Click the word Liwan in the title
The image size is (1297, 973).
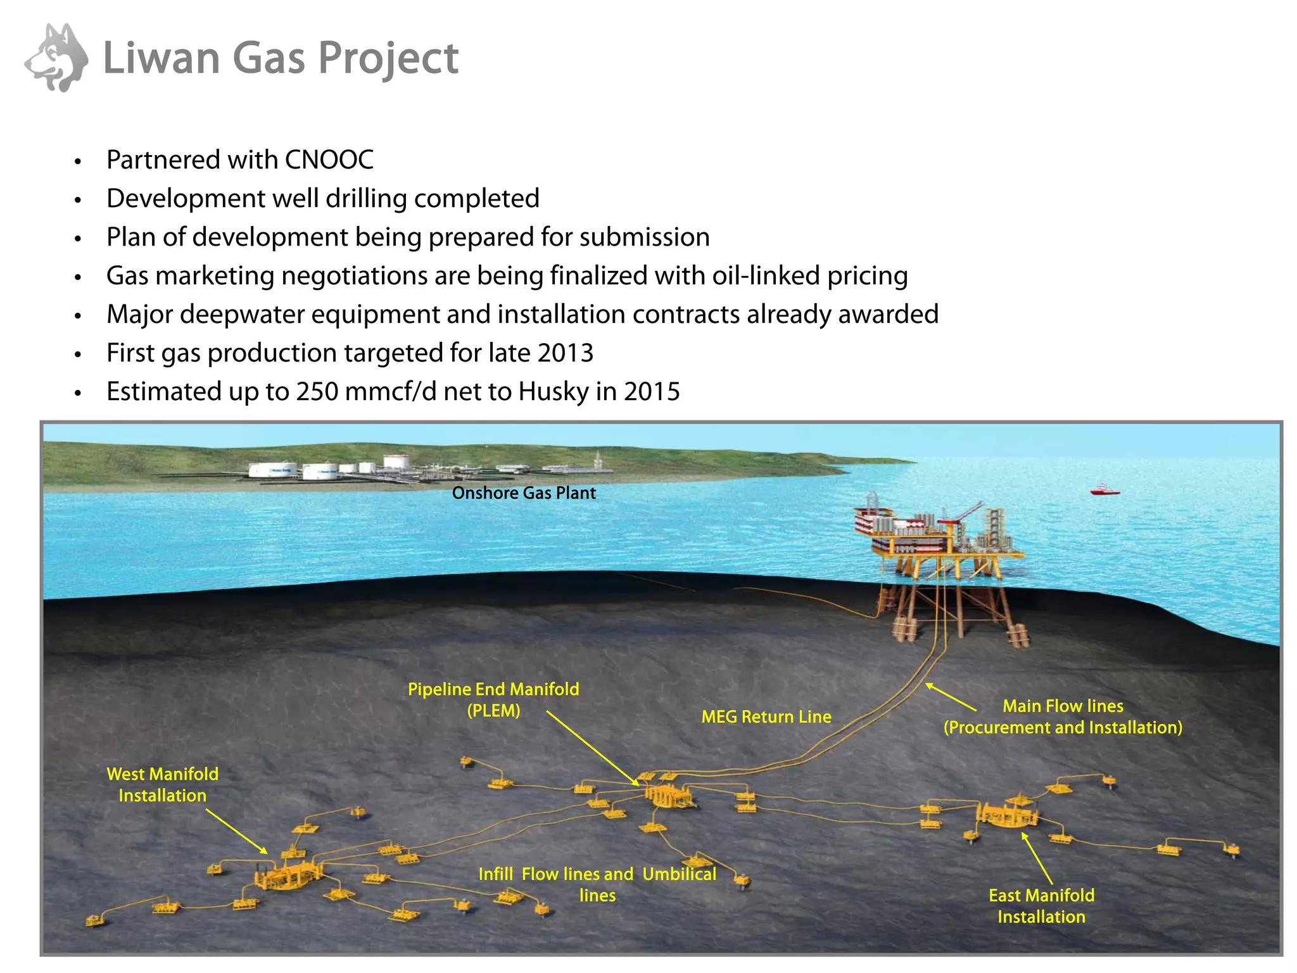(x=161, y=58)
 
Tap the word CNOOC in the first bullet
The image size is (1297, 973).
(x=329, y=160)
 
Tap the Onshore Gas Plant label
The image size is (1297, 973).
(x=524, y=493)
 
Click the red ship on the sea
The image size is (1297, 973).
(x=1104, y=490)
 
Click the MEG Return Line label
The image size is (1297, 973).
(x=766, y=717)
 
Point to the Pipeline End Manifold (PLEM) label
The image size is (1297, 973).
(x=493, y=700)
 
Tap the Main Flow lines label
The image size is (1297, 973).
(x=1063, y=717)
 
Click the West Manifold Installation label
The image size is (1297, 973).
(x=163, y=784)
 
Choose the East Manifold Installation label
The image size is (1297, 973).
(x=1041, y=906)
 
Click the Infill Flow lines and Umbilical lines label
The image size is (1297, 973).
(x=597, y=884)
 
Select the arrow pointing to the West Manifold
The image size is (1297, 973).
(x=237, y=832)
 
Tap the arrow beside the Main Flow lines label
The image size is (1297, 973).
(x=951, y=697)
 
